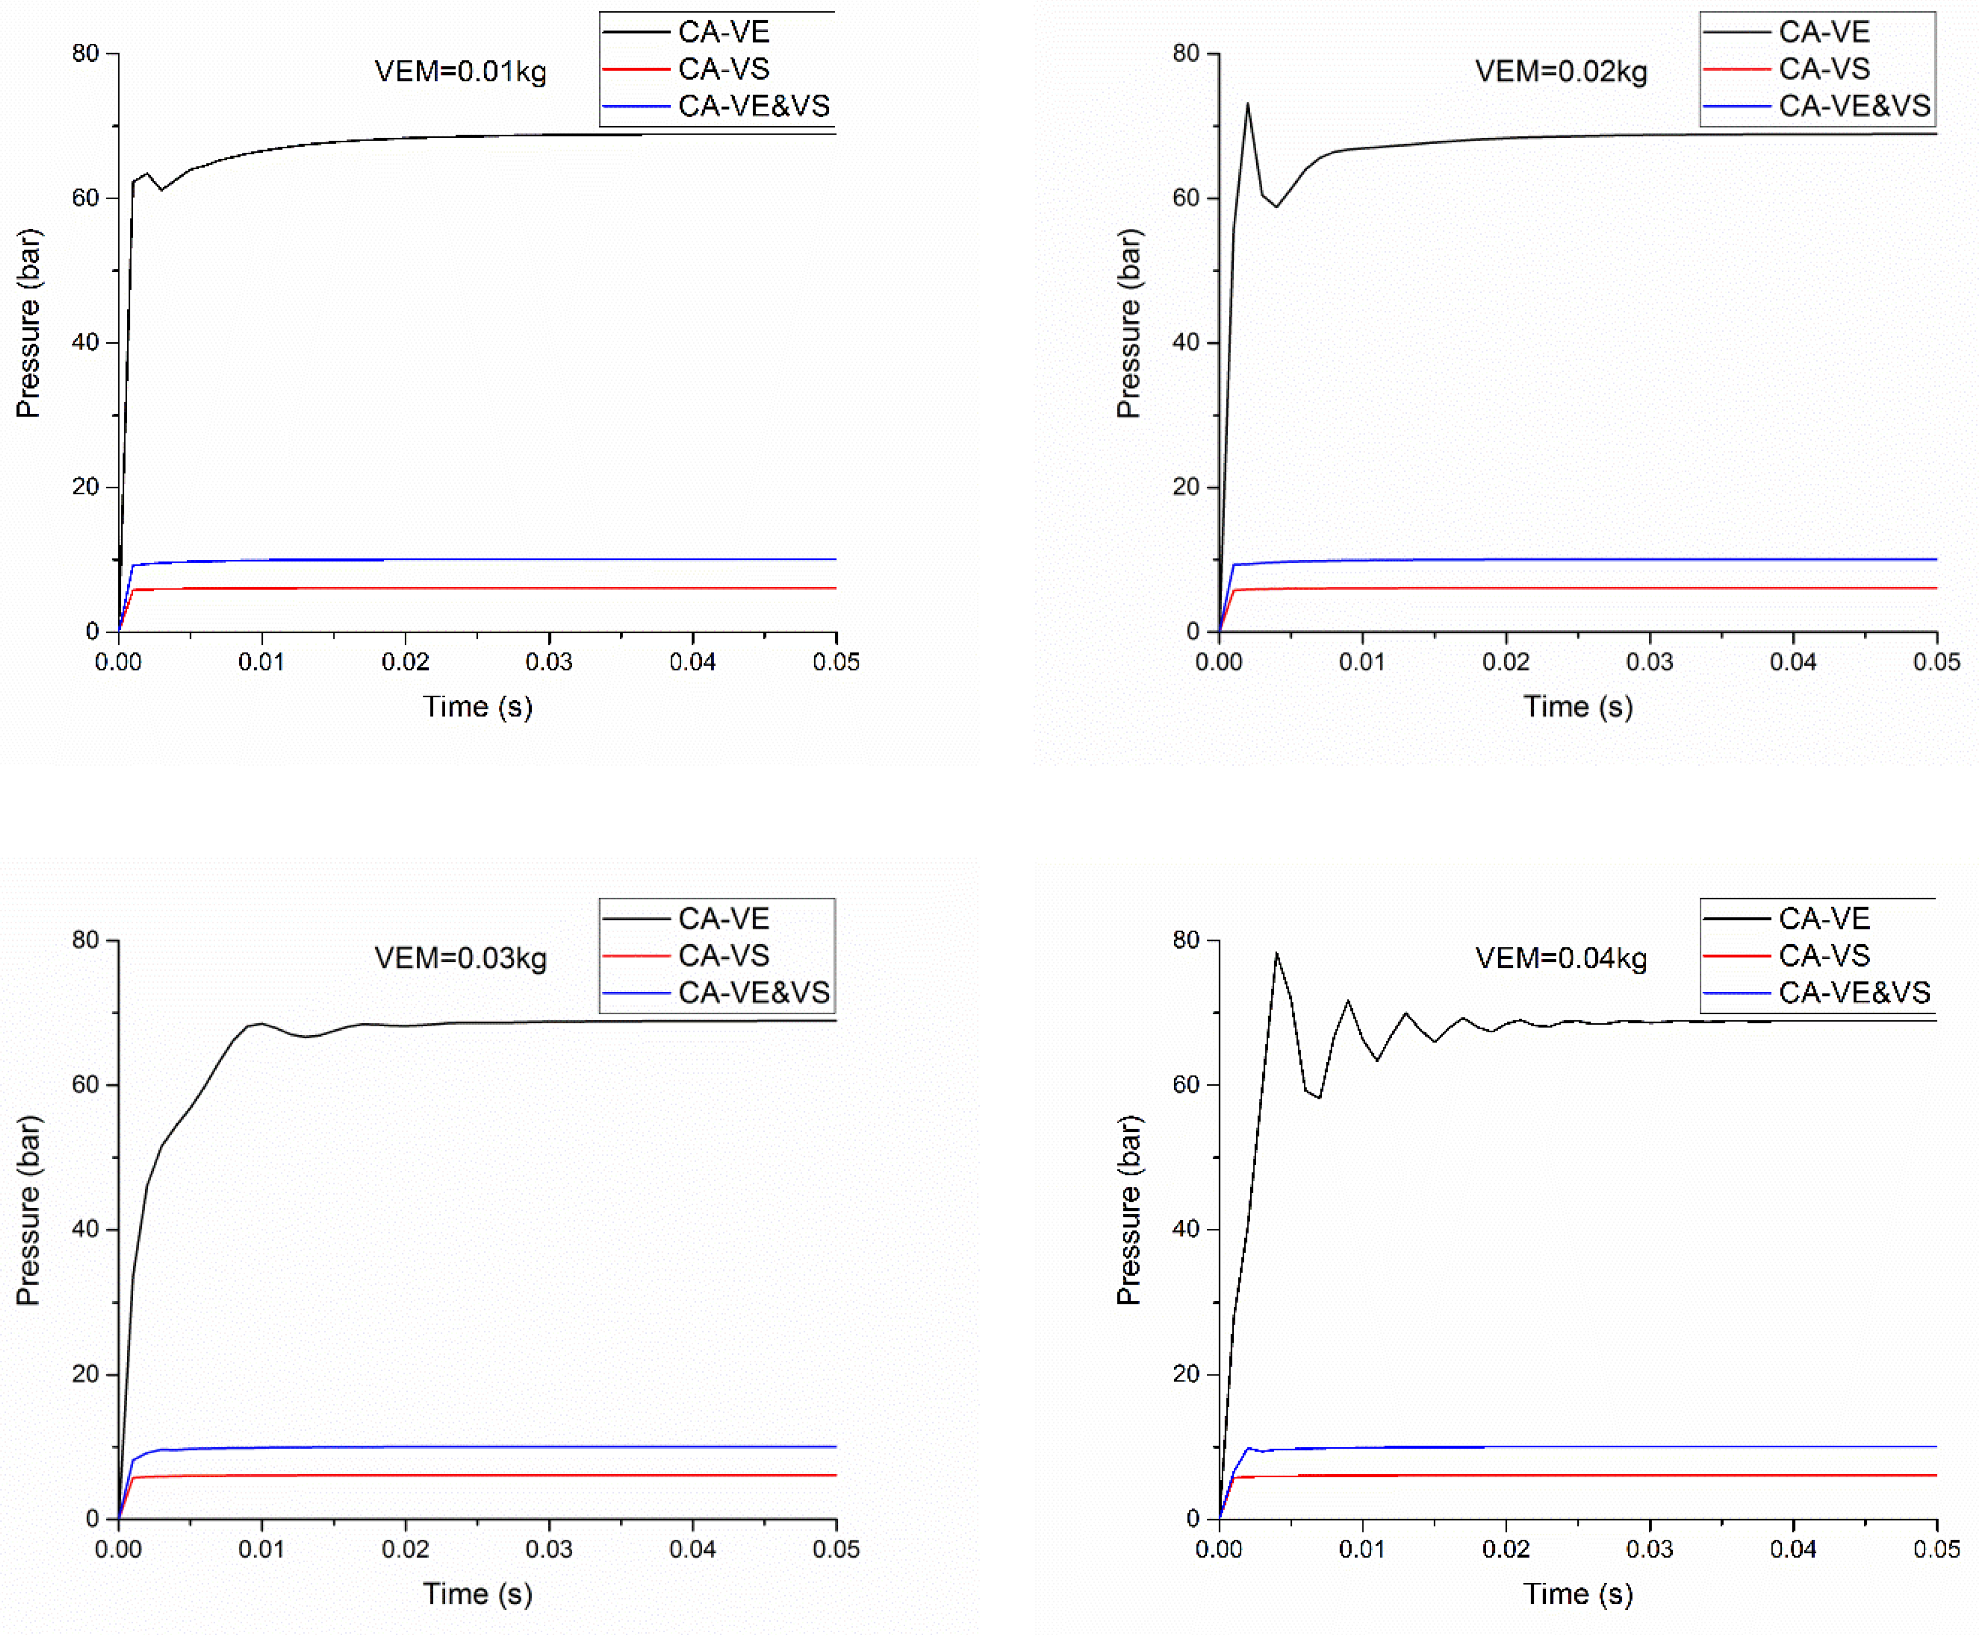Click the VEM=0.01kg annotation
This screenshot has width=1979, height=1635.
tap(461, 72)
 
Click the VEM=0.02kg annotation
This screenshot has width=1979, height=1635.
tap(1561, 72)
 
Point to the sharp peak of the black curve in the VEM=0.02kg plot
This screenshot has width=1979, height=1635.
tap(1248, 103)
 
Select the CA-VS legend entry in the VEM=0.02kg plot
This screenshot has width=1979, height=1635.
tap(1823, 69)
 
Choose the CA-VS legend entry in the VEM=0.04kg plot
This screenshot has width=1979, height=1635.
tap(1823, 955)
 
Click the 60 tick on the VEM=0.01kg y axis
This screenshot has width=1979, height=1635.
tap(86, 198)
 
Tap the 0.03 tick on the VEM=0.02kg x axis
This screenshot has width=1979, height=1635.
tap(1649, 662)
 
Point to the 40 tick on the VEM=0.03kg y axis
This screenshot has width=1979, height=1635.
tap(86, 1229)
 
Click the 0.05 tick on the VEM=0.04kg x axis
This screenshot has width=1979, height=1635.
tap(1936, 1549)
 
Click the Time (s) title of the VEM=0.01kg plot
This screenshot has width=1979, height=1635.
tap(478, 706)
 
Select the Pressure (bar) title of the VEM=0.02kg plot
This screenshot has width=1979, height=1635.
tap(1129, 323)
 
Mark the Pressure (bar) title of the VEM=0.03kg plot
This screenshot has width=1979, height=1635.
tap(28, 1210)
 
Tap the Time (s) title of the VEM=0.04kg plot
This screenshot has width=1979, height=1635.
tap(1578, 1593)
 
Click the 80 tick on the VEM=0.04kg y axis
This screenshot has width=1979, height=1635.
tap(1186, 940)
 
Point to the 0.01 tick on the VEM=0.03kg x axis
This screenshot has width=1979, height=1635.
tap(262, 1549)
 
